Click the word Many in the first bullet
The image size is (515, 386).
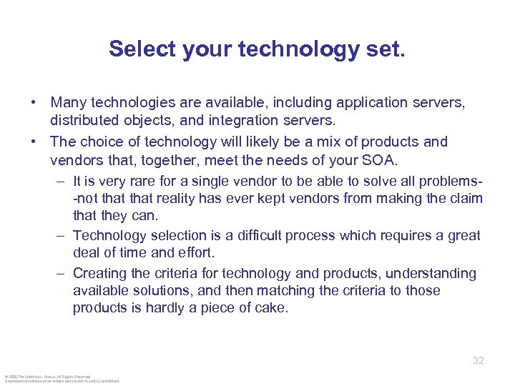67,103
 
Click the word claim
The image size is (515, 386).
466,198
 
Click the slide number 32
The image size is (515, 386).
479,361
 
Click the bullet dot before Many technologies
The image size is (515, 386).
34,103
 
